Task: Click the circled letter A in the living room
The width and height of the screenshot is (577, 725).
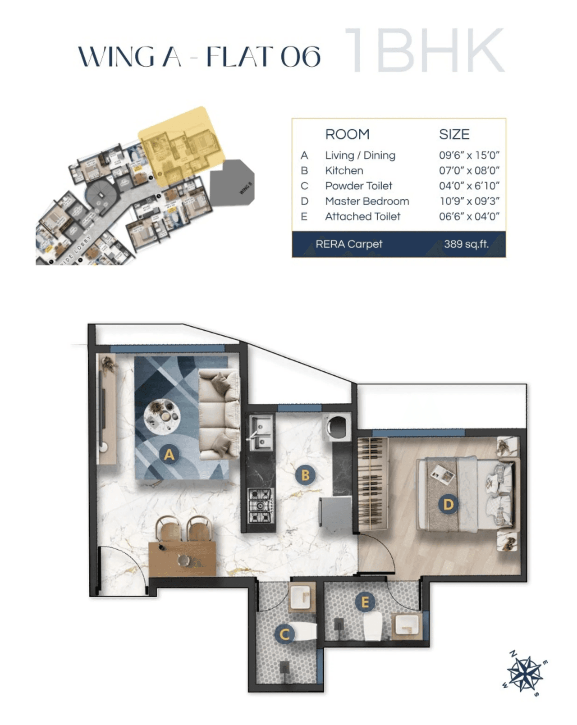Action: point(169,454)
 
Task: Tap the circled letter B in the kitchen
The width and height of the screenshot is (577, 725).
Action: point(305,475)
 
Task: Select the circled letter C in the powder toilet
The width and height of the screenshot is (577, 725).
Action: point(284,634)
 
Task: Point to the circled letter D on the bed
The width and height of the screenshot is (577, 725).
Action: point(448,504)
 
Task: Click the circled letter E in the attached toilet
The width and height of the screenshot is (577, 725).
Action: point(365,602)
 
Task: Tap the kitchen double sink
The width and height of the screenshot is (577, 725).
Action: point(261,433)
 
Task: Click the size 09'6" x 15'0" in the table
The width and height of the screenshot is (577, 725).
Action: point(469,155)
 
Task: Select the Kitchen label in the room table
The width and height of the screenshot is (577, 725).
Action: point(344,171)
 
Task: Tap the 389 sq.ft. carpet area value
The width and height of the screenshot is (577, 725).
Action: point(466,244)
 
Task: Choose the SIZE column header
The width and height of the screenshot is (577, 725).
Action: point(454,134)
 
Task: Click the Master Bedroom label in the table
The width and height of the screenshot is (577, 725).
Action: point(367,201)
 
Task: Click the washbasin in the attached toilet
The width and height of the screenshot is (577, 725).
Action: point(407,625)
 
